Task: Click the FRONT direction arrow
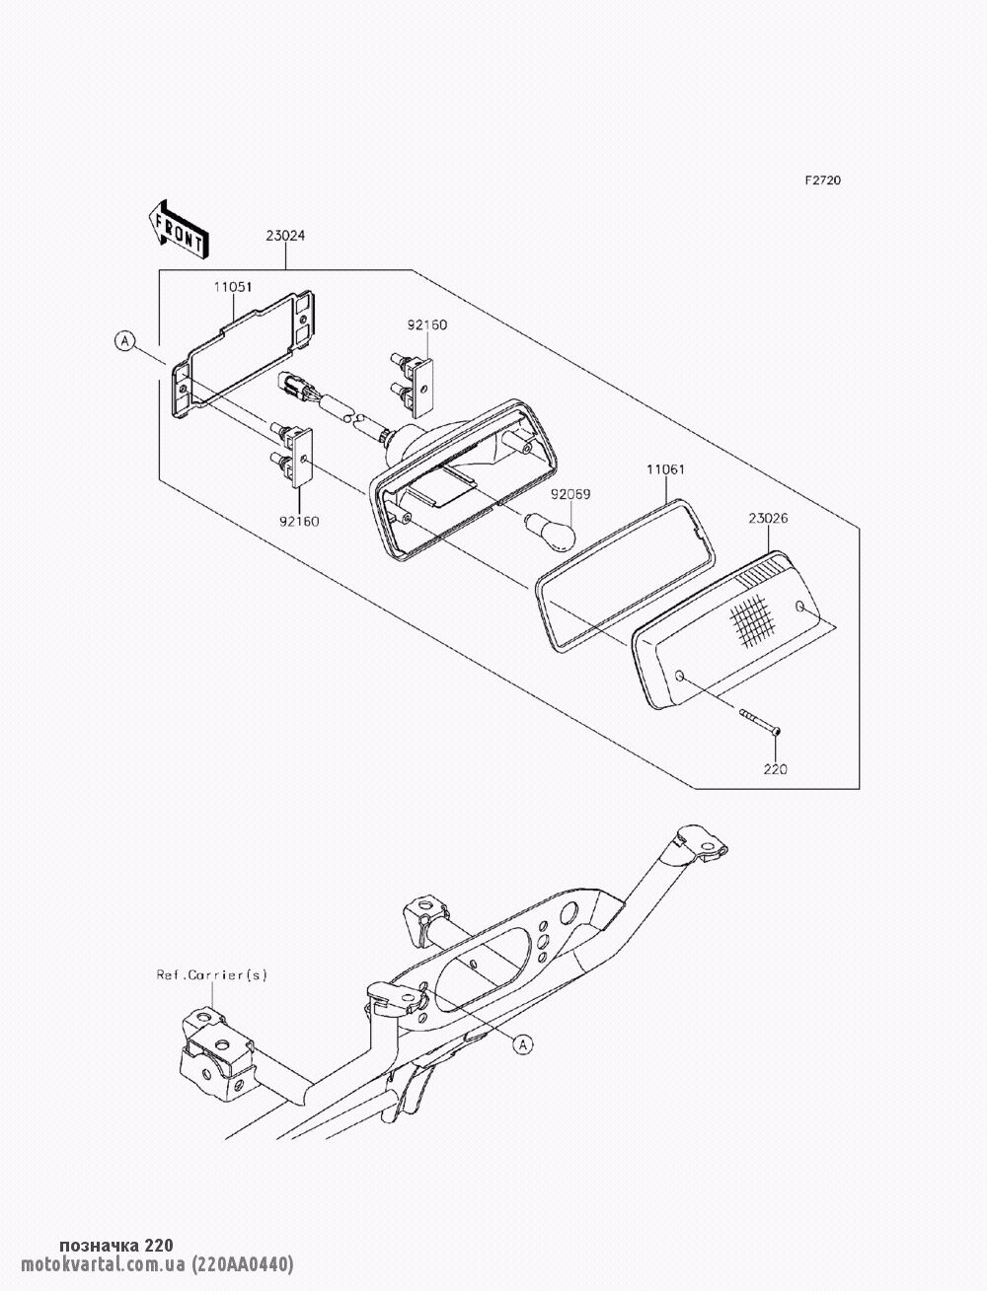[x=177, y=230]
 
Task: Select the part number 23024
[x=285, y=236]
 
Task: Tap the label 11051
[x=233, y=287]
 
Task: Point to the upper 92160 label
[x=427, y=324]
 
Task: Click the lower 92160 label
[x=299, y=521]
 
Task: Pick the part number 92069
[x=570, y=494]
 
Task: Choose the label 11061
[x=665, y=469]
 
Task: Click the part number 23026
[x=768, y=518]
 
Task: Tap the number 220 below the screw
[x=775, y=769]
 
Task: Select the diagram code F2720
[x=823, y=180]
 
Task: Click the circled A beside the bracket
[x=124, y=340]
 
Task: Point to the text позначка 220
[x=116, y=1244]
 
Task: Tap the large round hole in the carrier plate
[x=570, y=930]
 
